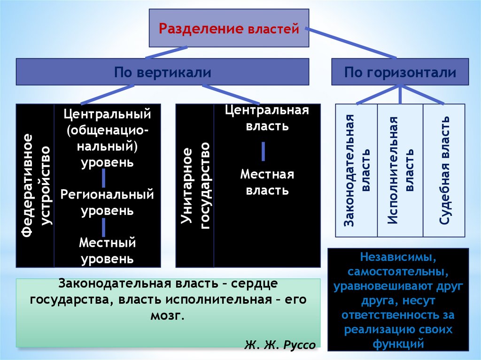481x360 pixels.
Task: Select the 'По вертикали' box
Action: tap(163, 72)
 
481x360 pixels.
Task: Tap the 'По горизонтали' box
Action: tap(400, 72)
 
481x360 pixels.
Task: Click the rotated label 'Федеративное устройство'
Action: tap(35, 185)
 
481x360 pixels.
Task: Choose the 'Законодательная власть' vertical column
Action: tap(357, 170)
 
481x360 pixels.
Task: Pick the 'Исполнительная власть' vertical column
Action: tap(400, 170)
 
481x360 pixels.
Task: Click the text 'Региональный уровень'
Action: tap(107, 202)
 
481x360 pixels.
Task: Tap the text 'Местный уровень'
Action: tap(107, 251)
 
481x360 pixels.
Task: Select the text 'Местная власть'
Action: tap(267, 183)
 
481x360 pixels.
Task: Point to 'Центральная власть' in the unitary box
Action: tap(267, 118)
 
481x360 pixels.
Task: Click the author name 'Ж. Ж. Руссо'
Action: tap(280, 345)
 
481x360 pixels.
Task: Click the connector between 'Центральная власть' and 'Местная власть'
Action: tap(263, 151)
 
